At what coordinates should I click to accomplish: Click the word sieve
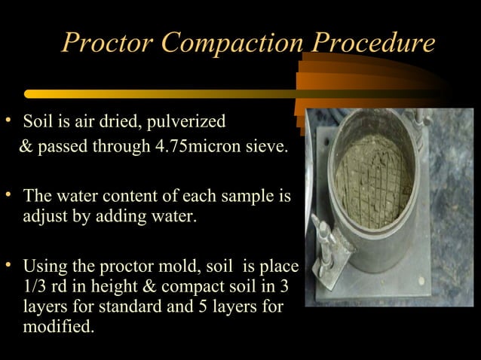point(269,145)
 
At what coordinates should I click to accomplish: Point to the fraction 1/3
point(35,288)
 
